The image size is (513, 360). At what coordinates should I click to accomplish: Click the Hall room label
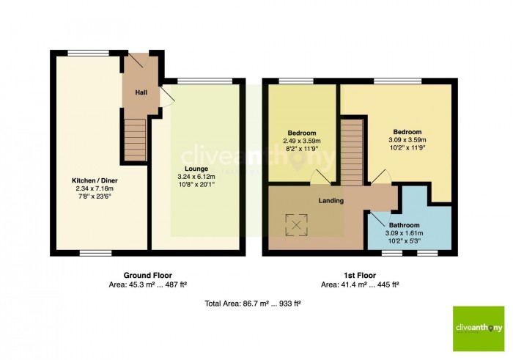click(x=141, y=92)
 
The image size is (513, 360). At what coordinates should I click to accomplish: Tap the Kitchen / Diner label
click(x=95, y=180)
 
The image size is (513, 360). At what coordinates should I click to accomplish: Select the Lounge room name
click(x=196, y=169)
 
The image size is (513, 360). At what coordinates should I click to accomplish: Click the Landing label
click(x=331, y=201)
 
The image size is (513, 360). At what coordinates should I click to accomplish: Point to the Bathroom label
click(x=405, y=225)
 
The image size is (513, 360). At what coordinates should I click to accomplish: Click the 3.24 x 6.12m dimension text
click(x=196, y=177)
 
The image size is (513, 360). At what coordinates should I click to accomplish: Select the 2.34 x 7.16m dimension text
click(x=95, y=188)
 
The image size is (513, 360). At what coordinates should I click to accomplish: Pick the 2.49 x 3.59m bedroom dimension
click(x=302, y=141)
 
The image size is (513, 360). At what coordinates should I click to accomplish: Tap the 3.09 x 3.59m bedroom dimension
click(x=407, y=140)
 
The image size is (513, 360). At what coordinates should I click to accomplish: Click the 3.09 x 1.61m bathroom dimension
click(x=405, y=233)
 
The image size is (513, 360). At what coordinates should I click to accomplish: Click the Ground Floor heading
click(x=147, y=275)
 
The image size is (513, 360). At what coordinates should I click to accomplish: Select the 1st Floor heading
click(x=360, y=275)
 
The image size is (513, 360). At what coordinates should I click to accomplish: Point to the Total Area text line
click(x=253, y=304)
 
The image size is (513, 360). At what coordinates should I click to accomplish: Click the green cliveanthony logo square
click(x=479, y=329)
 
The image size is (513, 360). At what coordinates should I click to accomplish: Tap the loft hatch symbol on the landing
click(x=296, y=225)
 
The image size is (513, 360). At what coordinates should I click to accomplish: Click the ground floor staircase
click(x=135, y=140)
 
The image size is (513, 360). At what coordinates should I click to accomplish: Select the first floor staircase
click(x=352, y=153)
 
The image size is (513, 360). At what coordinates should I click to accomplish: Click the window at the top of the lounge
click(x=205, y=81)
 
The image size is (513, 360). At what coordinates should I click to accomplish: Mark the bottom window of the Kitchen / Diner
click(x=96, y=253)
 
